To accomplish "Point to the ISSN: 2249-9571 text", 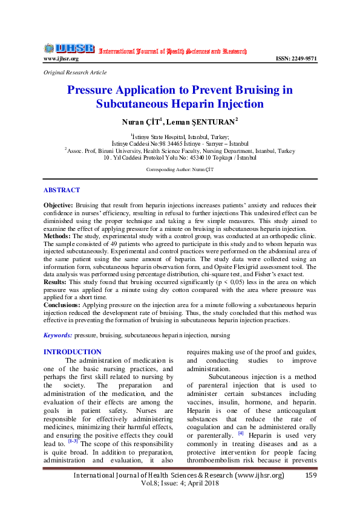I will click(296, 59).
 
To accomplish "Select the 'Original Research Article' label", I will click(75, 72).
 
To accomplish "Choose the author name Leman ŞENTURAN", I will click(198, 122).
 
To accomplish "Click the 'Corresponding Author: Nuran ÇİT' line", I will click(180, 170).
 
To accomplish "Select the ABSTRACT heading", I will click(62, 189).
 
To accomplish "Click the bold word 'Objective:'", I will click(58, 206).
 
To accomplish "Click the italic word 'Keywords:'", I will click(58, 335).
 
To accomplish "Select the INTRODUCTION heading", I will click(73, 352).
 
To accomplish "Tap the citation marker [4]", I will click(241, 432).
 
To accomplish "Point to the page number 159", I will click(312, 476).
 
